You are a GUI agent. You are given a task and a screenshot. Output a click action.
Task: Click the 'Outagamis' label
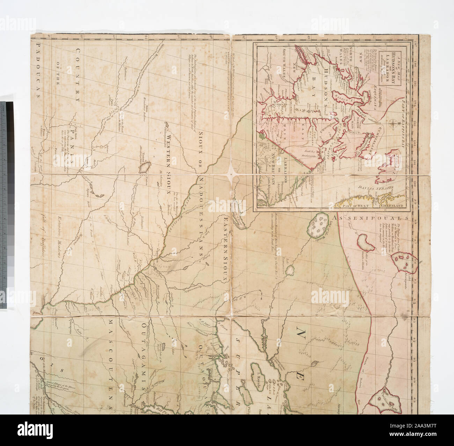coord(144,353)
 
